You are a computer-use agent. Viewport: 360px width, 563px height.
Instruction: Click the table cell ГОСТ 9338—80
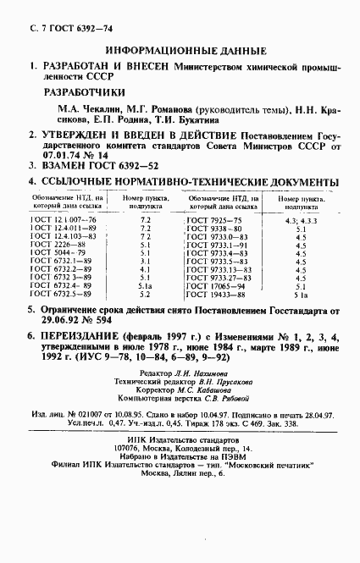(x=218, y=229)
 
